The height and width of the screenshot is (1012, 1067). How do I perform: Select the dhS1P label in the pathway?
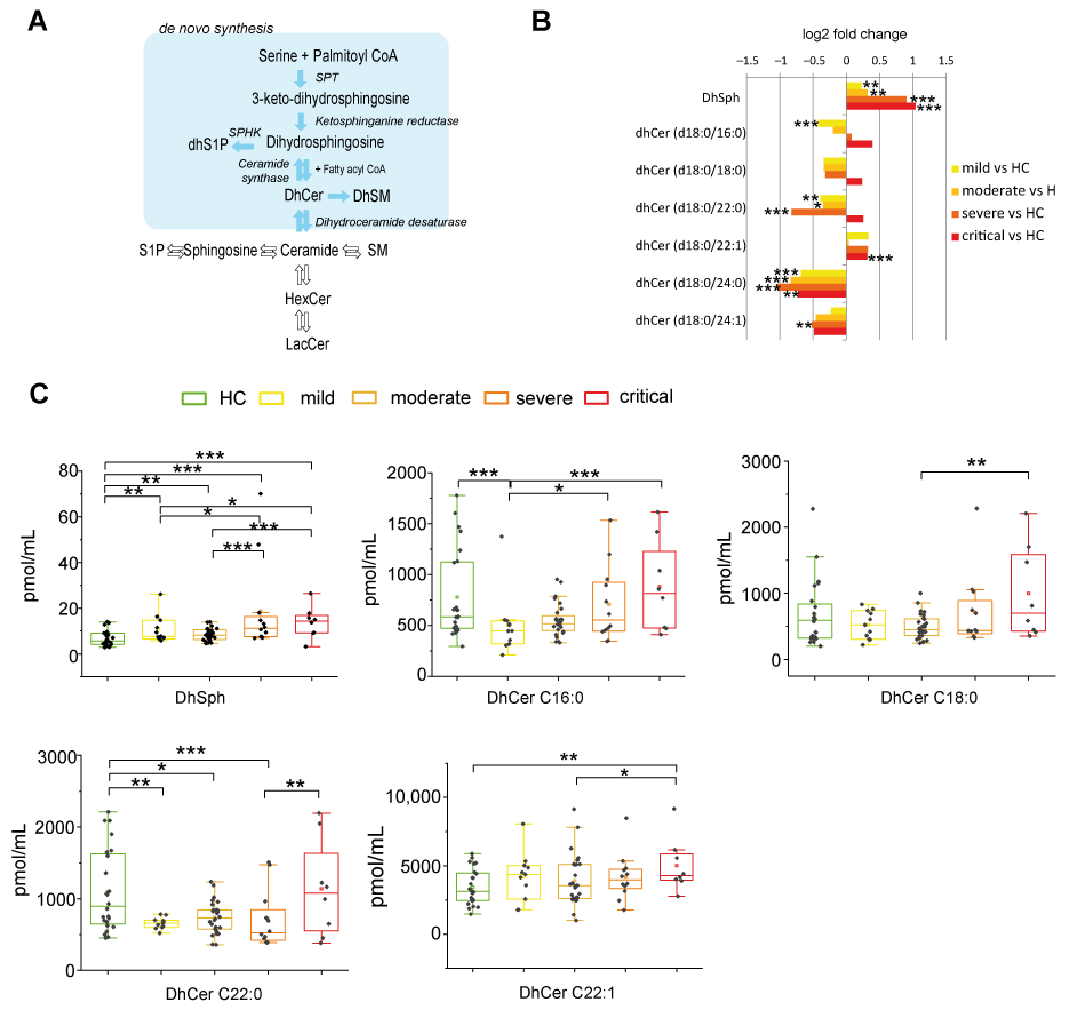click(208, 145)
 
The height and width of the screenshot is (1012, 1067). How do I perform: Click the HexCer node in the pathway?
click(307, 299)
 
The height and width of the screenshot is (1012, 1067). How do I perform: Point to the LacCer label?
click(307, 344)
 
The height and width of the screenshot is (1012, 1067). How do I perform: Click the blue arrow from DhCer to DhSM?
click(338, 196)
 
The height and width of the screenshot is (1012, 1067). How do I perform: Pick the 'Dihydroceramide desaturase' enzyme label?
click(391, 222)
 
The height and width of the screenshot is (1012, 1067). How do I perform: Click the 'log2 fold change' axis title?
click(854, 35)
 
